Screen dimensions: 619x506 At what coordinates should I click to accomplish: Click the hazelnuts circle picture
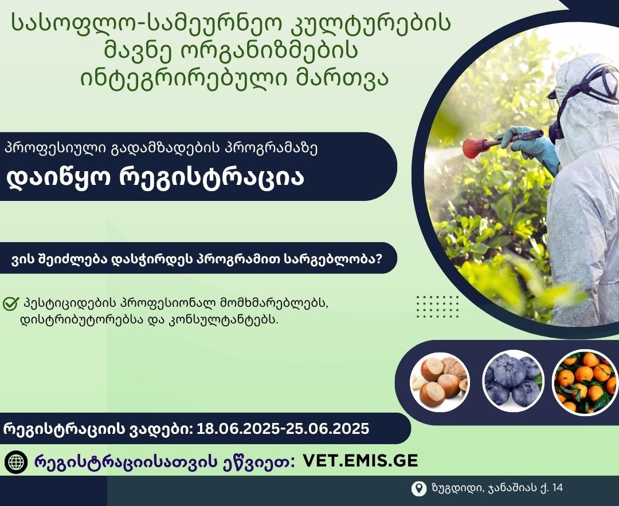(440, 382)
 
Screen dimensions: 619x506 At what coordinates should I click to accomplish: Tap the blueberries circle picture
(513, 381)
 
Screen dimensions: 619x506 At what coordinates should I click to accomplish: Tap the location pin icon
(418, 488)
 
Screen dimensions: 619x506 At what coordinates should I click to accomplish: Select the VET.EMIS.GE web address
(360, 461)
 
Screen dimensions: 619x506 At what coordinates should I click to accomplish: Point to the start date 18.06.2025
(238, 428)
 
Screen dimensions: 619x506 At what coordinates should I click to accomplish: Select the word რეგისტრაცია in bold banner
(211, 178)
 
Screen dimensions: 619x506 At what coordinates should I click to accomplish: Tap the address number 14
(558, 488)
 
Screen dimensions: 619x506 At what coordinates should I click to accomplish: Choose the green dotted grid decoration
(437, 306)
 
